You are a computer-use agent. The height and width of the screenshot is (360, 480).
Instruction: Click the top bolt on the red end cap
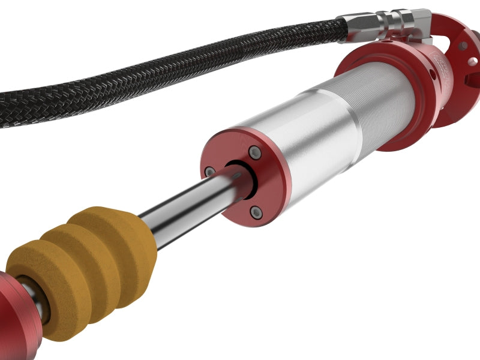tap(256, 153)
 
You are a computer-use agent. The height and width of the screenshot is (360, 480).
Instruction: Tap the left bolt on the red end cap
tap(209, 172)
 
